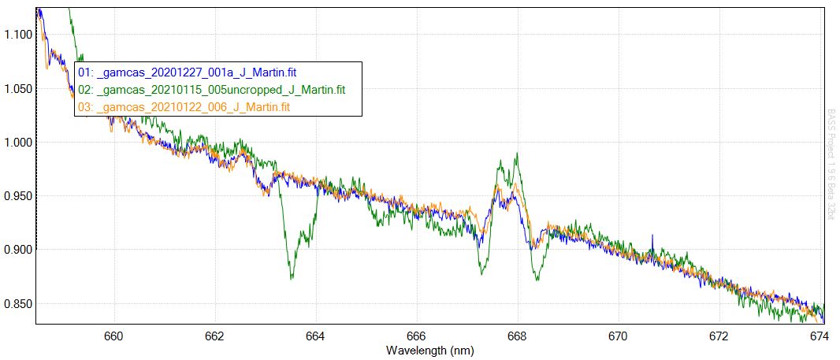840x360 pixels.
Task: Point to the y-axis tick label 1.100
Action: tap(17, 35)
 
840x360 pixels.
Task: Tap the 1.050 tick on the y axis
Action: tap(17, 89)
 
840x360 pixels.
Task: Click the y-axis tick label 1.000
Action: tap(17, 143)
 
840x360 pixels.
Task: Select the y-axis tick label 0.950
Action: tap(17, 196)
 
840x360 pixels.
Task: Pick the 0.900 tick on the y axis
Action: tap(17, 250)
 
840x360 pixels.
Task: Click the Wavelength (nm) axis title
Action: tap(429, 349)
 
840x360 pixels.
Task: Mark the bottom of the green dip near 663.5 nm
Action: tap(292, 277)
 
